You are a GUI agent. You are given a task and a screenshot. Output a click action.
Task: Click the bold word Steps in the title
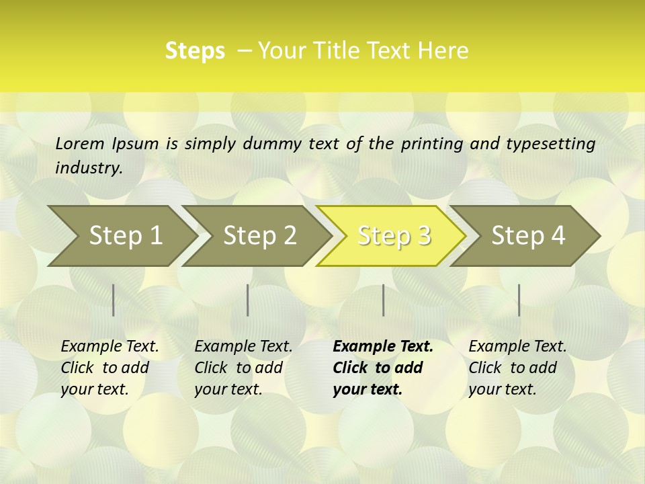point(195,51)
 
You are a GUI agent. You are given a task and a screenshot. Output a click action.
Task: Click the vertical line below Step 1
point(114,300)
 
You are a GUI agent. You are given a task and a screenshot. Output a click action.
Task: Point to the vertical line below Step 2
point(248,300)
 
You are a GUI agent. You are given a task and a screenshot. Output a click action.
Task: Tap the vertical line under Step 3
point(383,300)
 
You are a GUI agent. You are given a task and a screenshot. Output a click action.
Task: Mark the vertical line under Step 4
point(519,300)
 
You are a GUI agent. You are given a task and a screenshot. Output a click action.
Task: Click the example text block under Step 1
point(110,368)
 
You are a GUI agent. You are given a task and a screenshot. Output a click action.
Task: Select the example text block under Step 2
point(243,368)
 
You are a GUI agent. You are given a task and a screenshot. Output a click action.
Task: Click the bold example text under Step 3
point(383,368)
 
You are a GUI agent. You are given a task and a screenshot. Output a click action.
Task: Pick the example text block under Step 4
point(517,368)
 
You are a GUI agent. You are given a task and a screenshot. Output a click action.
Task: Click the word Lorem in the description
point(80,143)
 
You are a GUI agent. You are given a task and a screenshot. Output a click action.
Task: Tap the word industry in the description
point(88,167)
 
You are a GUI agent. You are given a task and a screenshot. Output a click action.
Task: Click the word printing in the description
point(433,144)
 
